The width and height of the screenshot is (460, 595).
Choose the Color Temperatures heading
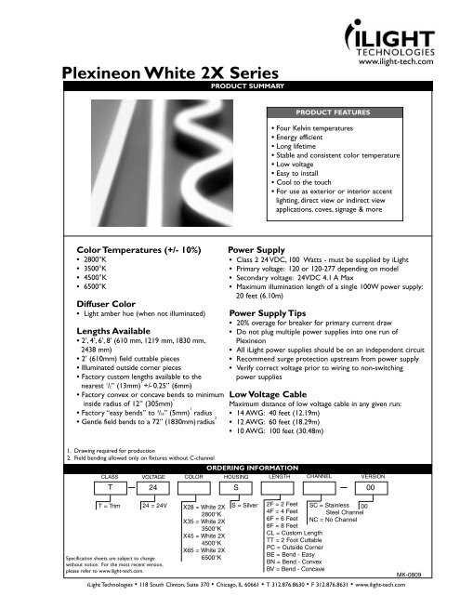tap(128, 250)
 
